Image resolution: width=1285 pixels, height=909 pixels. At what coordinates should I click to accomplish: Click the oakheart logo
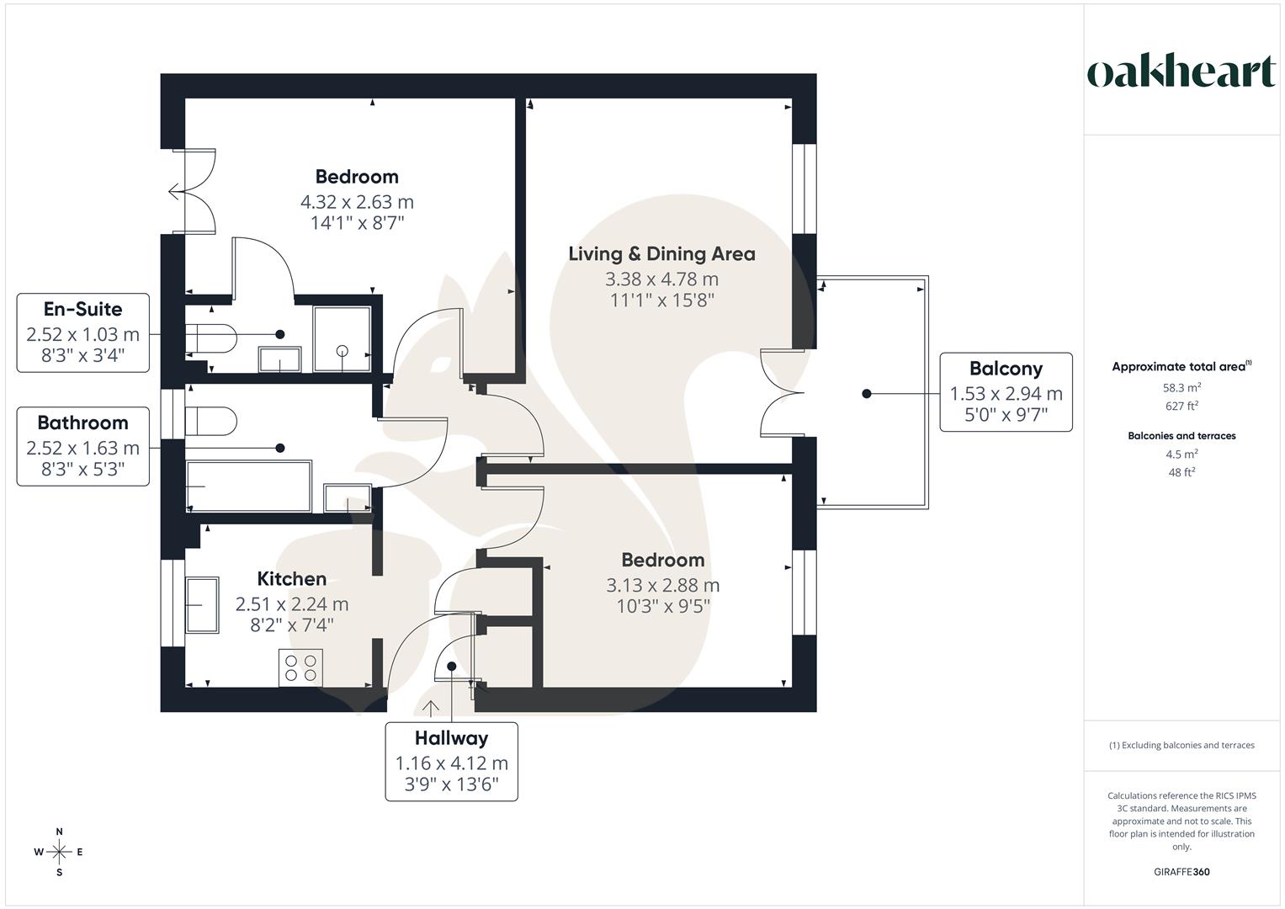[1181, 72]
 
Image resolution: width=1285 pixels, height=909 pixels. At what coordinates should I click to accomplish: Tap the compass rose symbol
[59, 852]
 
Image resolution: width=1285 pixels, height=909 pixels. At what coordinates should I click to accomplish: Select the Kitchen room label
[291, 579]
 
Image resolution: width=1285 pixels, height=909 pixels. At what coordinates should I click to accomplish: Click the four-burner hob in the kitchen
[300, 668]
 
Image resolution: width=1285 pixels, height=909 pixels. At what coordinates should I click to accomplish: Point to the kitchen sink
[202, 605]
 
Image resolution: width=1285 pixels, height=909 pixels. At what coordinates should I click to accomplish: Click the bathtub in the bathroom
[248, 486]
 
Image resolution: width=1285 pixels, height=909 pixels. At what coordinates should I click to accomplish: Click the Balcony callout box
[1006, 392]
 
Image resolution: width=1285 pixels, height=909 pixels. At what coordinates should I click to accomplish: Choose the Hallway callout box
[452, 762]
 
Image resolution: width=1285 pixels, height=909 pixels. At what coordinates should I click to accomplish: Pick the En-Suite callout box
[82, 332]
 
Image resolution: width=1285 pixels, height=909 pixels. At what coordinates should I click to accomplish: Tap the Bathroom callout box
[82, 446]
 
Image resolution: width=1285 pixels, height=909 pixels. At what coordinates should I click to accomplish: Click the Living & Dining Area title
[661, 254]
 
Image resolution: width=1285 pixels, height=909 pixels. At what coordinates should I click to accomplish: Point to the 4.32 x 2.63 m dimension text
[357, 202]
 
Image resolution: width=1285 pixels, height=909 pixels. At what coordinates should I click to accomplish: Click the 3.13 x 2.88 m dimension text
[662, 585]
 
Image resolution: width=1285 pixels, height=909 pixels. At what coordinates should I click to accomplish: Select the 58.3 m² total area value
[1181, 388]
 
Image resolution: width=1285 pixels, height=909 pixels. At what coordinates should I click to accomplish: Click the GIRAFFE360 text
[1181, 872]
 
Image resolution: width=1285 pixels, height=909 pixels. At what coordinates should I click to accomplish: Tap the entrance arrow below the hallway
[430, 708]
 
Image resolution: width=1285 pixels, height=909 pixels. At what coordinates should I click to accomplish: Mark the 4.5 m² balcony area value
[1181, 454]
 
